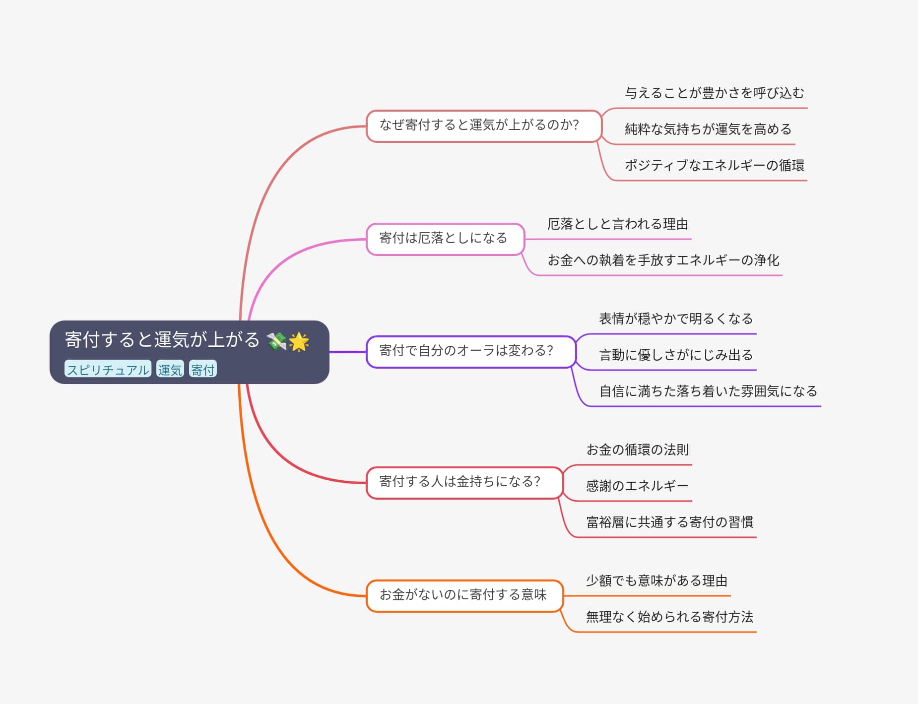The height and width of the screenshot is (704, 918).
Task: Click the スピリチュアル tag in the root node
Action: pyautogui.click(x=108, y=369)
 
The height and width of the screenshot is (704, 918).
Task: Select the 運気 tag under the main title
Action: pyautogui.click(x=170, y=369)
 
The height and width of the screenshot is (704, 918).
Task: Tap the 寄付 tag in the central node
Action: pyautogui.click(x=202, y=369)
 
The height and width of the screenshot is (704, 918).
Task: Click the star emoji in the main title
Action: pyautogui.click(x=299, y=341)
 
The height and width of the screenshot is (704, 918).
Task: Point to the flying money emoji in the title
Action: pyautogui.click(x=276, y=341)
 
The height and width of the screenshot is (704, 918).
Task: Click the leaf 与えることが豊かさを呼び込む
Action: pyautogui.click(x=714, y=93)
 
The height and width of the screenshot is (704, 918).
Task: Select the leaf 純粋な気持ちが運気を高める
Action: pyautogui.click(x=708, y=129)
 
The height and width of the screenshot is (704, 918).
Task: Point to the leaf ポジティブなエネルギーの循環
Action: pyautogui.click(x=714, y=166)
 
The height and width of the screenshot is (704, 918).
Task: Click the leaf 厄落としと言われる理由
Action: pyautogui.click(x=617, y=225)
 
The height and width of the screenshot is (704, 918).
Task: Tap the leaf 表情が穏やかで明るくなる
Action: pyautogui.click(x=676, y=319)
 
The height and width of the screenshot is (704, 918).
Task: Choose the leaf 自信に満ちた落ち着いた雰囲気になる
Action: pyautogui.click(x=708, y=391)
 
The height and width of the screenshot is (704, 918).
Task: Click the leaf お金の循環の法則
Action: pyautogui.click(x=637, y=450)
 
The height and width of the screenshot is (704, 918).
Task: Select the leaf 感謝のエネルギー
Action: pyautogui.click(x=637, y=486)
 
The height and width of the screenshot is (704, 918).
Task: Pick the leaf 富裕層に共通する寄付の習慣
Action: pyautogui.click(x=669, y=522)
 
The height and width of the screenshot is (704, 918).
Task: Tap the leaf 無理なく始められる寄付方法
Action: pyautogui.click(x=669, y=617)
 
